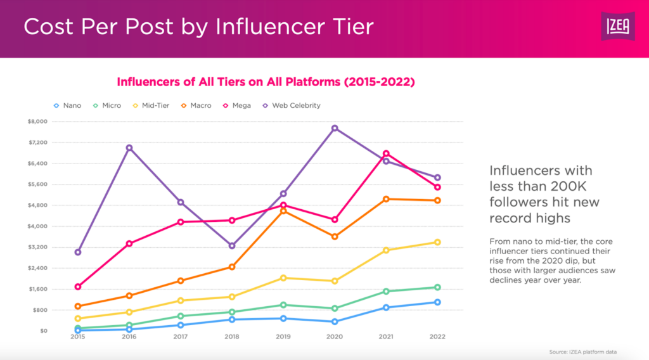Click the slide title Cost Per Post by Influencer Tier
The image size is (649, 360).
pos(198,28)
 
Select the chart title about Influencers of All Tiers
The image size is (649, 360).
pos(266,82)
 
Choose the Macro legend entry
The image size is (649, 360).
pos(196,105)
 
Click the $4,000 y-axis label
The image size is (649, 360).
pos(56,226)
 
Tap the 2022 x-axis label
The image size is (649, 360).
pos(437,337)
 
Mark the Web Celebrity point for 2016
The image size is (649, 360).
pos(129,148)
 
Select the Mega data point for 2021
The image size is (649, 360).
pos(386,153)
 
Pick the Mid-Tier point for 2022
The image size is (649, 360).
pos(437,242)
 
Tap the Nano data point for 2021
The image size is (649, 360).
pos(386,307)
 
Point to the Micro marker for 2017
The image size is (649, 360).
pos(181,316)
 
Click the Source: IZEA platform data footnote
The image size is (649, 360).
pos(582,351)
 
